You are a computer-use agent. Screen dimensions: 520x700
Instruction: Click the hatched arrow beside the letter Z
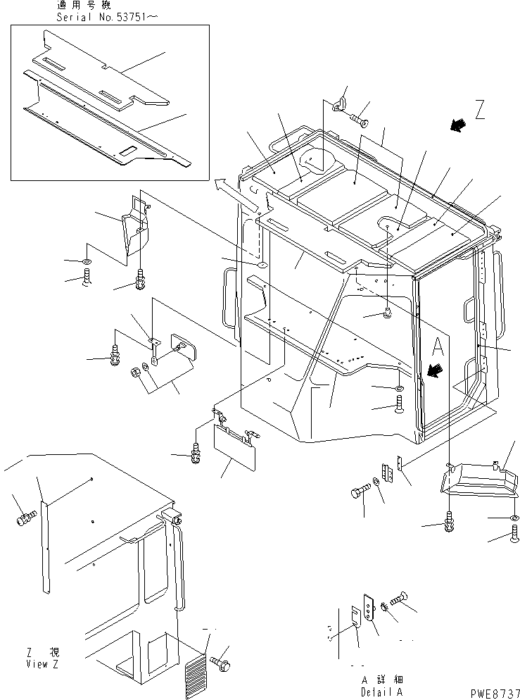tap(457, 125)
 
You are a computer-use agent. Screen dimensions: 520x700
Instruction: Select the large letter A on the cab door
tap(438, 346)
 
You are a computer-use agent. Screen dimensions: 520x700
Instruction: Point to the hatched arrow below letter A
tap(434, 370)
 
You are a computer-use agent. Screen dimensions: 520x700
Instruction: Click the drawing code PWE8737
tap(495, 693)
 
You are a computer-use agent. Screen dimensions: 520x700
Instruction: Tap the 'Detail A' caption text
tap(382, 692)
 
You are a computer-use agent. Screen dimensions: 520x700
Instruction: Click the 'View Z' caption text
tap(42, 664)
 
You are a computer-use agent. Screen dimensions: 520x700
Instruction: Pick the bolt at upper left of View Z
tap(27, 518)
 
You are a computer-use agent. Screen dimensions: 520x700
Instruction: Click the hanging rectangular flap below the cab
tap(235, 447)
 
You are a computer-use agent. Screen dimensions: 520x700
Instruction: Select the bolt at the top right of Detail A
tap(398, 598)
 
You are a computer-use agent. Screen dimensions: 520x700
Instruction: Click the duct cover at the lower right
tap(479, 480)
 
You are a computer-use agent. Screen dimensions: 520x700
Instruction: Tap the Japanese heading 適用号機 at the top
tap(84, 6)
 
